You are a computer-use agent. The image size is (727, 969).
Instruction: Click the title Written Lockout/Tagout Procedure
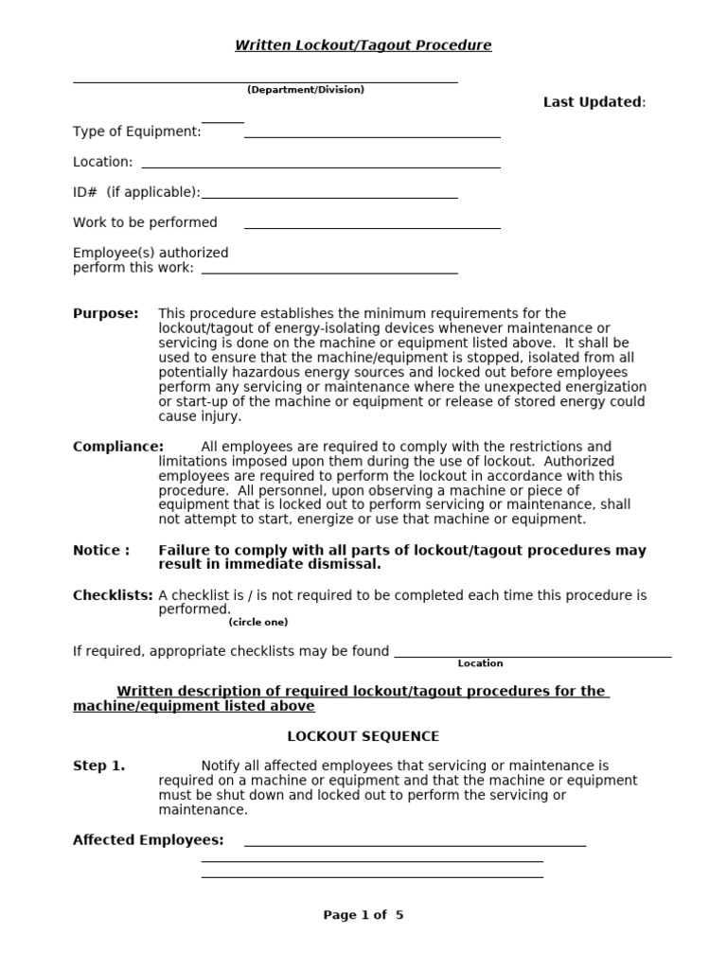(x=363, y=45)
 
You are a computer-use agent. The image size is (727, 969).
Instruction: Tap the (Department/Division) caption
(x=306, y=90)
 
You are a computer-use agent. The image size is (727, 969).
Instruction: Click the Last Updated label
(x=593, y=102)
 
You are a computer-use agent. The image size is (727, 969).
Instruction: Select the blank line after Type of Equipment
(x=372, y=137)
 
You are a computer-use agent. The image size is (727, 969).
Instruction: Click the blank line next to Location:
(x=320, y=167)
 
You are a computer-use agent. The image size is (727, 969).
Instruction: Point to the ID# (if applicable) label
(x=136, y=192)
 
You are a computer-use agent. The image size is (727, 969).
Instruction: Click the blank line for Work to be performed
(x=372, y=228)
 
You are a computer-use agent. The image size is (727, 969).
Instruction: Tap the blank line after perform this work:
(x=329, y=273)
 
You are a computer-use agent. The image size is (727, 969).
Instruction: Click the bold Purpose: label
(x=105, y=313)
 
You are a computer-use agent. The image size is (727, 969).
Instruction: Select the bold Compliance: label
(x=118, y=447)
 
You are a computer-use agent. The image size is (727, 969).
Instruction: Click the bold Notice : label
(x=101, y=550)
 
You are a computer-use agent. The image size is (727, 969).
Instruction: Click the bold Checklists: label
(x=113, y=595)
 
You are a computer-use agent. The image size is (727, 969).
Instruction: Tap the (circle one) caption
(x=257, y=623)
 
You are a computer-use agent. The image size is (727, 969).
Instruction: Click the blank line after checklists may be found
(x=533, y=656)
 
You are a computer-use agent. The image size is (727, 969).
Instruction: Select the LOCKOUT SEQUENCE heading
(x=363, y=736)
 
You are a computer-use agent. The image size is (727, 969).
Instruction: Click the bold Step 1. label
(x=98, y=766)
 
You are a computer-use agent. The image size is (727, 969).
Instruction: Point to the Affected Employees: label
(x=149, y=839)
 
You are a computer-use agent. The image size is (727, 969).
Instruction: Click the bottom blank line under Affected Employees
(x=372, y=877)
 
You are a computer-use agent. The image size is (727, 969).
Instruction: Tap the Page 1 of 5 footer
(x=363, y=915)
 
